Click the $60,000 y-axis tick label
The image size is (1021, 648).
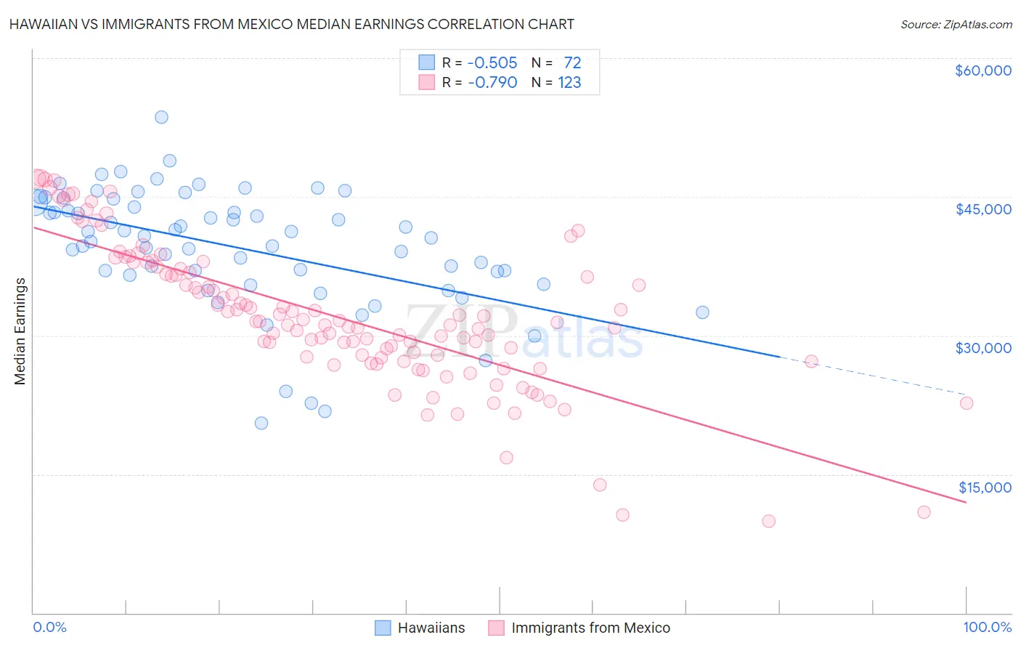pos(983,70)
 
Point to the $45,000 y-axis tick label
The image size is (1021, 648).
pos(983,209)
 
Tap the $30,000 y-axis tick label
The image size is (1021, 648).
pos(983,348)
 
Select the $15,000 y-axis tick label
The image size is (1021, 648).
pos(985,487)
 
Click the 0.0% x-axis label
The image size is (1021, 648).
pos(49,627)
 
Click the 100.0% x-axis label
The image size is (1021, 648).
pos(987,627)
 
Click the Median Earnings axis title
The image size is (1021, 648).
pos(20,331)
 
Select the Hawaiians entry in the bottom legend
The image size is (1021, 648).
pos(431,628)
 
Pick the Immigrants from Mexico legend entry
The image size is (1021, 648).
pos(590,628)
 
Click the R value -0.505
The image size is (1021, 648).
pos(492,62)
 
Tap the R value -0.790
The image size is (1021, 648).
pos(492,83)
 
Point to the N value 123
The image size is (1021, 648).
pos(569,83)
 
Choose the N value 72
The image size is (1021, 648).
pos(572,62)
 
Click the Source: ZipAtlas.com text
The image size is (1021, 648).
pos(956,25)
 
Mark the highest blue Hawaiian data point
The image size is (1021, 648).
pos(161,117)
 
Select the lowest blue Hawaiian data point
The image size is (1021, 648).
pos(261,423)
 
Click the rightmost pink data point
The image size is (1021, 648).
pos(966,403)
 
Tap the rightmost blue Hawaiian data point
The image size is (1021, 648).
pos(702,312)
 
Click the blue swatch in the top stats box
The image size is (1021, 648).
pos(426,62)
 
